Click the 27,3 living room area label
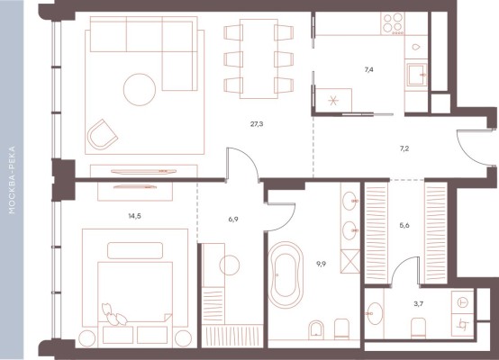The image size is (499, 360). click(x=257, y=124)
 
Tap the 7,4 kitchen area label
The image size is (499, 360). click(x=368, y=69)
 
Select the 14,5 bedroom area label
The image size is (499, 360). click(x=134, y=216)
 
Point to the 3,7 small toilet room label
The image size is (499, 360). click(x=419, y=303)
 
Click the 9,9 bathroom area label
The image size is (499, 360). click(x=321, y=264)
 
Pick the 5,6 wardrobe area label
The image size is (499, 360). click(x=404, y=226)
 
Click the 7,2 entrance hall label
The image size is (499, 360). click(x=404, y=148)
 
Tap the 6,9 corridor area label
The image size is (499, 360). click(x=233, y=219)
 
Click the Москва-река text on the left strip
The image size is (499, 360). click(x=12, y=180)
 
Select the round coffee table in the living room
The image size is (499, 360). click(x=140, y=89)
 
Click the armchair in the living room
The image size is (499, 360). click(x=102, y=135)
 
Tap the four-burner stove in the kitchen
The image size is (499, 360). click(x=394, y=23)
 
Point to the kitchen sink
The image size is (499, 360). click(x=418, y=75)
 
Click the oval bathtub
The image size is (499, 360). click(x=286, y=275)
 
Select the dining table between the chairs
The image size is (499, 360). click(x=259, y=58)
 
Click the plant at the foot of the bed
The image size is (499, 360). click(x=113, y=314)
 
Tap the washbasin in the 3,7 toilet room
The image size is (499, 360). click(x=375, y=313)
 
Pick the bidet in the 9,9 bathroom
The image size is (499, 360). click(x=315, y=328)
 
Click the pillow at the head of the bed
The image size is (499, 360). click(x=135, y=250)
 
